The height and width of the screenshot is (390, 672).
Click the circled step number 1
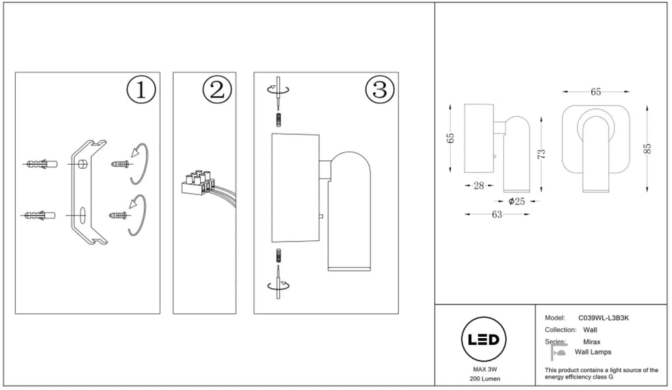point(141,90)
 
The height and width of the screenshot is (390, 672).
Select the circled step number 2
point(217,90)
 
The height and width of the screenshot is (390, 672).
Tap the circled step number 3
point(380,90)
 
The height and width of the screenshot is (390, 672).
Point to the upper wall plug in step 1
point(41,164)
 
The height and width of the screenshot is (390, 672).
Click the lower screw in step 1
point(119,215)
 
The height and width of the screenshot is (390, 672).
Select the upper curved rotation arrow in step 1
point(139,163)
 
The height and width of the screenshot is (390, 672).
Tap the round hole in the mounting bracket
point(83,163)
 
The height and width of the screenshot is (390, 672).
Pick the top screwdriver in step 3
point(278,93)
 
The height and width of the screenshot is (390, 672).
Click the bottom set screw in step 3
point(278,255)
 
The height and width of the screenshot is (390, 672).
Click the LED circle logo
point(484,339)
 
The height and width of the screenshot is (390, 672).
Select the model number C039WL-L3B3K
point(604,318)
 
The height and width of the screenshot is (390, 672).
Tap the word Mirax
point(591,342)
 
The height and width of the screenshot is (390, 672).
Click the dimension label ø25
point(516,202)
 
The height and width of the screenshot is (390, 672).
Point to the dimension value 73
point(541,154)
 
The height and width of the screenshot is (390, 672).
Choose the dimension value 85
point(648,148)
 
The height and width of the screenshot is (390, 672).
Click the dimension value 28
point(478,186)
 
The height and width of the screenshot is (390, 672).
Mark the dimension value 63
point(497,214)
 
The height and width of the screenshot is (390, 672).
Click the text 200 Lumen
point(485,379)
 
